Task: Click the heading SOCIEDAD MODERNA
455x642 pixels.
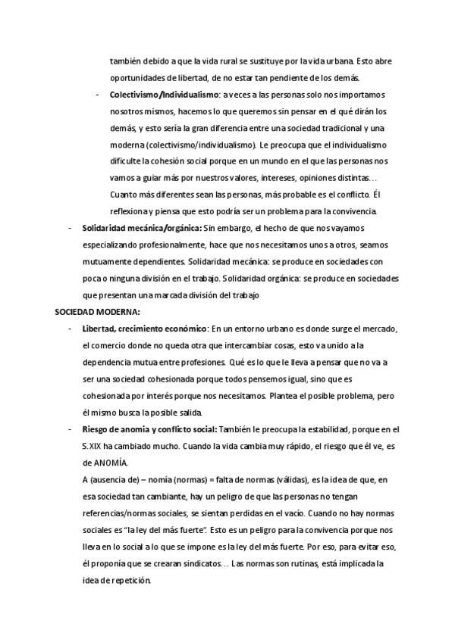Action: coord(98,311)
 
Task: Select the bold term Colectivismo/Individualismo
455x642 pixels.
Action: coord(164,95)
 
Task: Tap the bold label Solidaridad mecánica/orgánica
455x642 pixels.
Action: coord(142,227)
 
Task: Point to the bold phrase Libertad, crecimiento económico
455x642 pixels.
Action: coord(144,328)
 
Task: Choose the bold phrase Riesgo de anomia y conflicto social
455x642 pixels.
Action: coord(149,429)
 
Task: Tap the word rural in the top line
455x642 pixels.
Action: coord(234,61)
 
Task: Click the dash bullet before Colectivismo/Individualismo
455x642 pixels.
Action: coord(99,95)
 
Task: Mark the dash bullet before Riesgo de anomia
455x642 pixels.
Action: coord(71,429)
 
